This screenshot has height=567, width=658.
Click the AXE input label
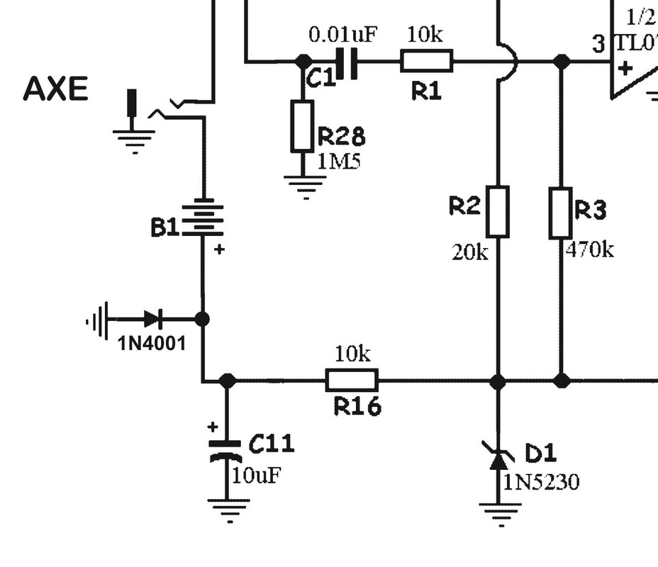point(55,90)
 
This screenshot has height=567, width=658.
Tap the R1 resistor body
point(426,62)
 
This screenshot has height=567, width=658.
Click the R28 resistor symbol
point(302,125)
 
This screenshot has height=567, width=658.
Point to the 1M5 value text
point(338,161)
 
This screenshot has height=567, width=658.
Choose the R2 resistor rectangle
point(498,211)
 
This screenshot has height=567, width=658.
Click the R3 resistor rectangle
point(561,213)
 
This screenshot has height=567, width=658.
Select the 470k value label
point(590,249)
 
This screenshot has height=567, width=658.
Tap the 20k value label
point(470,252)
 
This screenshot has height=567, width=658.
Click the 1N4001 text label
point(152,344)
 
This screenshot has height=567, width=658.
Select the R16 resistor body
point(352,381)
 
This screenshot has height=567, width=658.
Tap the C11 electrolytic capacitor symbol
point(226,450)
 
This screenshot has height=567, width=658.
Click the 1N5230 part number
point(541,483)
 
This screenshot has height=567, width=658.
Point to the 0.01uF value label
point(342,34)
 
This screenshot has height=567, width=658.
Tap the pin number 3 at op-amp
point(599,44)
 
